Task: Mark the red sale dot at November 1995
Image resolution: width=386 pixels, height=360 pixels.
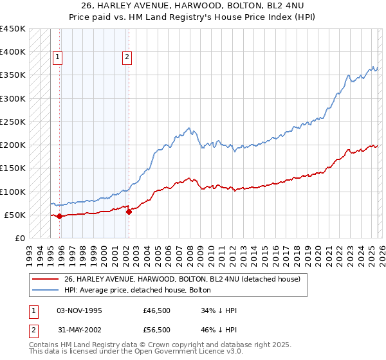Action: (59, 217)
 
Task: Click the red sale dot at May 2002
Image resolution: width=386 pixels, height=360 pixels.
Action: (129, 212)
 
